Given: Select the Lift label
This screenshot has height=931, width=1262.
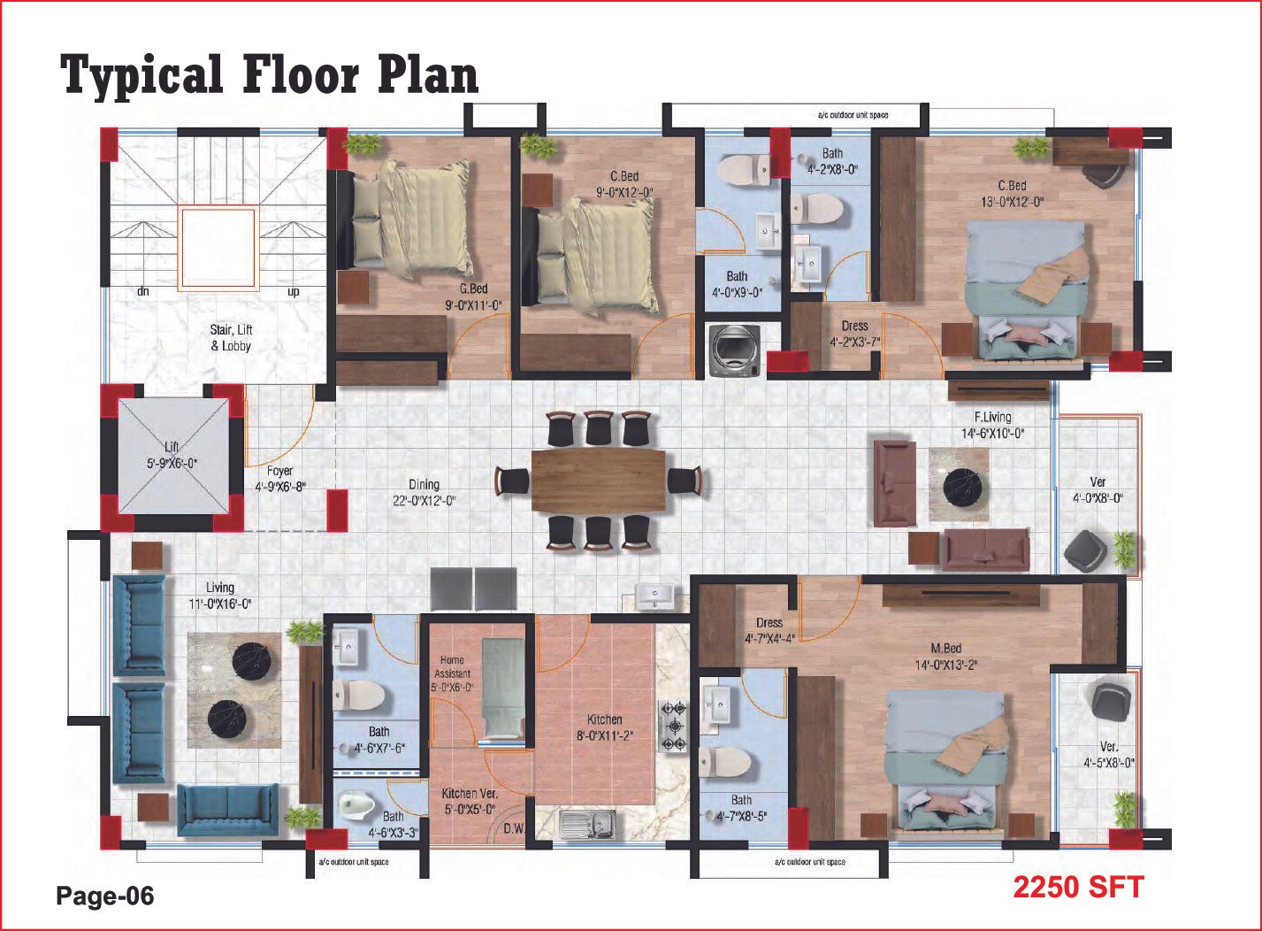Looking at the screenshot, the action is pyautogui.click(x=172, y=447).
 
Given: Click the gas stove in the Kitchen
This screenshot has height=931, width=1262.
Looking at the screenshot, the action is pyautogui.click(x=674, y=727).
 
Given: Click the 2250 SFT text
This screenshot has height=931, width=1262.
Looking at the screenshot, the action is pyautogui.click(x=1078, y=887).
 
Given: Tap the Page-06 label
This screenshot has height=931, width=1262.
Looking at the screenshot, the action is pyautogui.click(x=104, y=896).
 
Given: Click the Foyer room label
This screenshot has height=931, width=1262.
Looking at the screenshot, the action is pyautogui.click(x=280, y=471).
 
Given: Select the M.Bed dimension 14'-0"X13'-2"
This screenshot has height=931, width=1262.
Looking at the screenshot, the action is pyautogui.click(x=946, y=665).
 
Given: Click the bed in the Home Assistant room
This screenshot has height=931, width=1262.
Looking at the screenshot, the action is pyautogui.click(x=503, y=689).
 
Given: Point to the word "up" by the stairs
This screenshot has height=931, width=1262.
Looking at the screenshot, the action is pyautogui.click(x=293, y=292).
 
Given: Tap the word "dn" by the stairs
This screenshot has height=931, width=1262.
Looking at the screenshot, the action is pyautogui.click(x=143, y=291).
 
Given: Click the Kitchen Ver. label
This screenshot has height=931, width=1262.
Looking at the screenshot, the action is pyautogui.click(x=470, y=794).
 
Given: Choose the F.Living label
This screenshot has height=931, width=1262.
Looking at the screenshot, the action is pyautogui.click(x=993, y=418).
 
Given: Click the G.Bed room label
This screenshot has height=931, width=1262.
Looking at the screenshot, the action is pyautogui.click(x=473, y=289).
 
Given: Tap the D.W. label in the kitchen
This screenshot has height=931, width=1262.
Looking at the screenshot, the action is pyautogui.click(x=515, y=829).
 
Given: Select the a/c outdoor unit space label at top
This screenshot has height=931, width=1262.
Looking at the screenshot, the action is pyautogui.click(x=853, y=115).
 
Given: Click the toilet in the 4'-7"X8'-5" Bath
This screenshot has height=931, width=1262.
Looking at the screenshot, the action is pyautogui.click(x=726, y=762).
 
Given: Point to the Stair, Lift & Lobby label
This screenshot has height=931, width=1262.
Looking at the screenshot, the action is pyautogui.click(x=231, y=338).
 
